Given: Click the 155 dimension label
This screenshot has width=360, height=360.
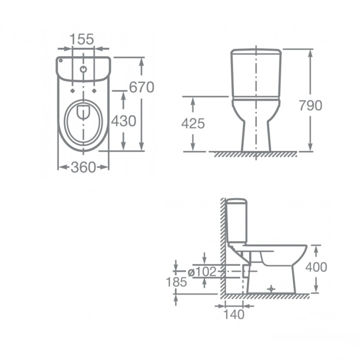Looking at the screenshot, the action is point(81,39).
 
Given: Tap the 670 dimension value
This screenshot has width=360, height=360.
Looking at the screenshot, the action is point(141,87).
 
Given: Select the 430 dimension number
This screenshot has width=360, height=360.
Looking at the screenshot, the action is point(124,121).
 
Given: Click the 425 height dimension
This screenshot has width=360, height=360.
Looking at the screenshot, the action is point(193,124).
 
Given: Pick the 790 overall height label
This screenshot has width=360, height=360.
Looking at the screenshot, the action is point(310,105).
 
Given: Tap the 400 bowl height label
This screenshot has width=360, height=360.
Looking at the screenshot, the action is point(316,267).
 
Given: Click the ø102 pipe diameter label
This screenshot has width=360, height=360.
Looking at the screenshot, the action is point(202,272).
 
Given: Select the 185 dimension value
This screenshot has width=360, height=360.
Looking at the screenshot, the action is point(176,282).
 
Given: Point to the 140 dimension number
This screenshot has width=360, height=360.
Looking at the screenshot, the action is point(234,314).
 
